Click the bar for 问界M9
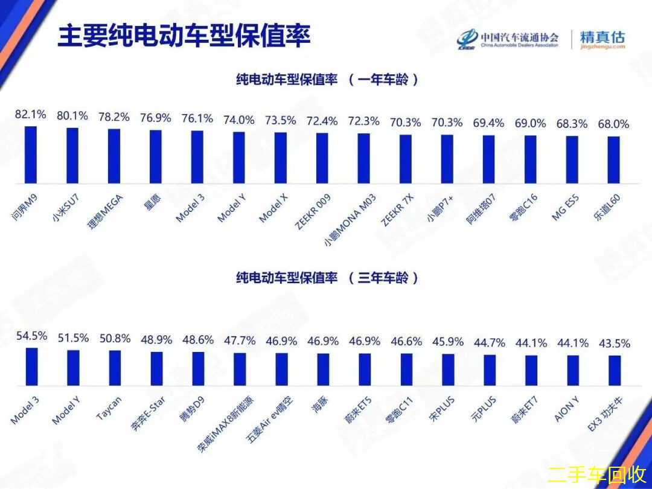pyautogui.click(x=31, y=155)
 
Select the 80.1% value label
pyautogui.click(x=72, y=115)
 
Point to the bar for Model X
pyautogui.click(x=281, y=158)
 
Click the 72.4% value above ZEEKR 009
pyautogui.click(x=322, y=121)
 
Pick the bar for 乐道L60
pyautogui.click(x=613, y=160)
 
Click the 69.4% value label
pyautogui.click(x=488, y=123)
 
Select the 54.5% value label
pyautogui.click(x=31, y=336)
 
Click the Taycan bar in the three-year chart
pyautogui.click(x=114, y=368)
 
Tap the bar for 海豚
pyautogui.click(x=322, y=369)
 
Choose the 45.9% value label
pyautogui.click(x=448, y=342)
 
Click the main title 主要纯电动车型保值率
pyautogui.click(x=184, y=37)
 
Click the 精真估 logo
pyautogui.click(x=602, y=40)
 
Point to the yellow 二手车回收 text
pyautogui.click(x=596, y=474)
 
